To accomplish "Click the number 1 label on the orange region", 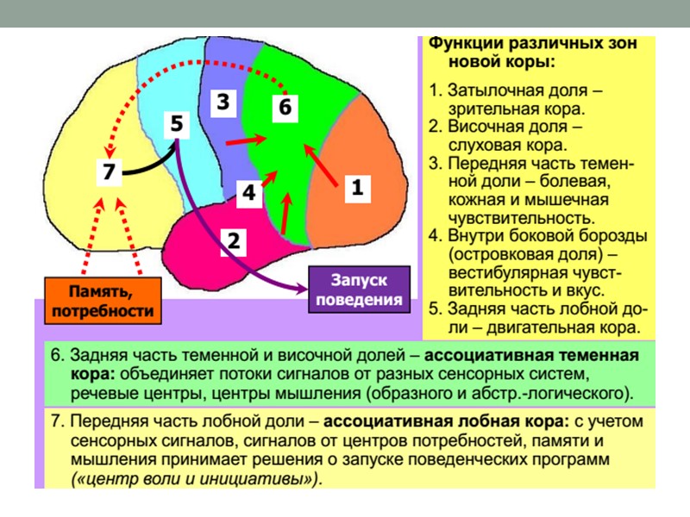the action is click(x=357, y=187).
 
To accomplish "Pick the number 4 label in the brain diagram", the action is click(x=248, y=193).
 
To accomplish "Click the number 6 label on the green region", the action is click(x=285, y=108).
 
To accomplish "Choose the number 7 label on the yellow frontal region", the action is click(x=108, y=171).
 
